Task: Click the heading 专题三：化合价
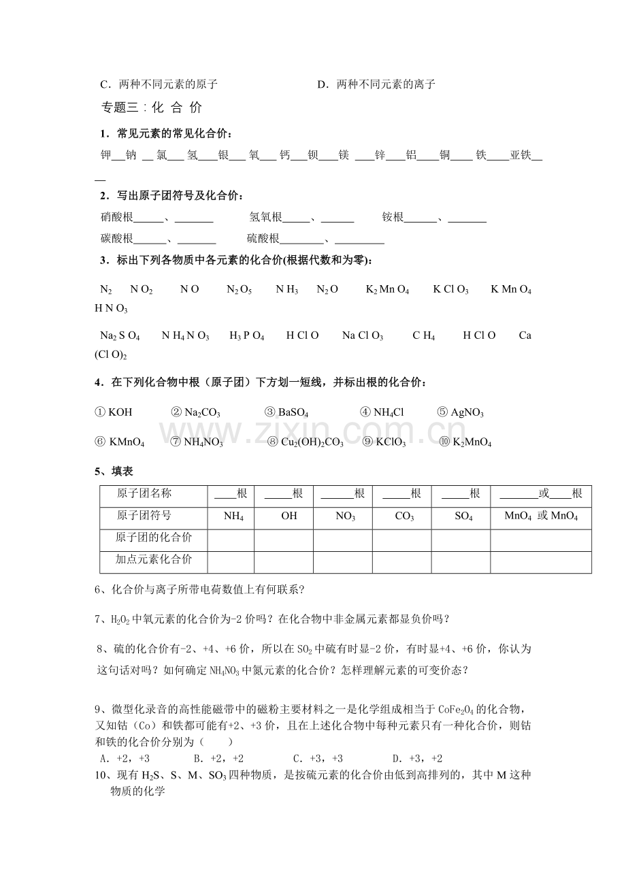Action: pos(151,107)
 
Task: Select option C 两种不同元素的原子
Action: pos(159,84)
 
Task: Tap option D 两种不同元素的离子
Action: pos(376,84)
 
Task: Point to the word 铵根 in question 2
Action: pos(393,217)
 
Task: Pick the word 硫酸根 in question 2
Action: pos(263,238)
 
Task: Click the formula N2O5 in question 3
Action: pos(240,290)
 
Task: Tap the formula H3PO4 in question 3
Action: pos(246,335)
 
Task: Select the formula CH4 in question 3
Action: pos(423,335)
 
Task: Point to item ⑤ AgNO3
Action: pos(460,412)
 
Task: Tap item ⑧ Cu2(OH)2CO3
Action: pos(306,442)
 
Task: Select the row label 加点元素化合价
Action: pos(154,559)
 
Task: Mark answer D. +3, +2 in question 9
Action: pos(417,758)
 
